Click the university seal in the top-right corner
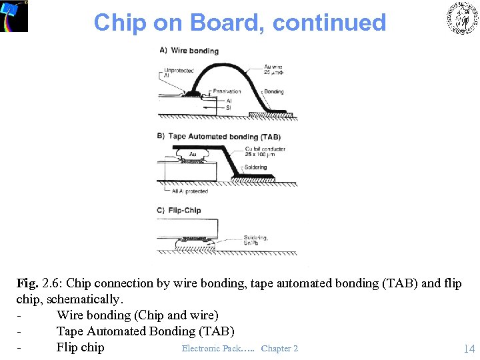(x=461, y=18)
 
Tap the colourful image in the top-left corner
(x=14, y=16)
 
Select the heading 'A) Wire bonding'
(x=189, y=51)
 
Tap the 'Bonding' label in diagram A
(x=273, y=91)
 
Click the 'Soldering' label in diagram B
(x=255, y=167)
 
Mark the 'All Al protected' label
(x=189, y=191)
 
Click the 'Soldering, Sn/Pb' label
(x=255, y=239)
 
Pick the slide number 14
(x=469, y=349)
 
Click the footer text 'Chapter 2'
(x=279, y=349)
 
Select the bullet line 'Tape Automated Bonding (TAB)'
(x=145, y=331)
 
